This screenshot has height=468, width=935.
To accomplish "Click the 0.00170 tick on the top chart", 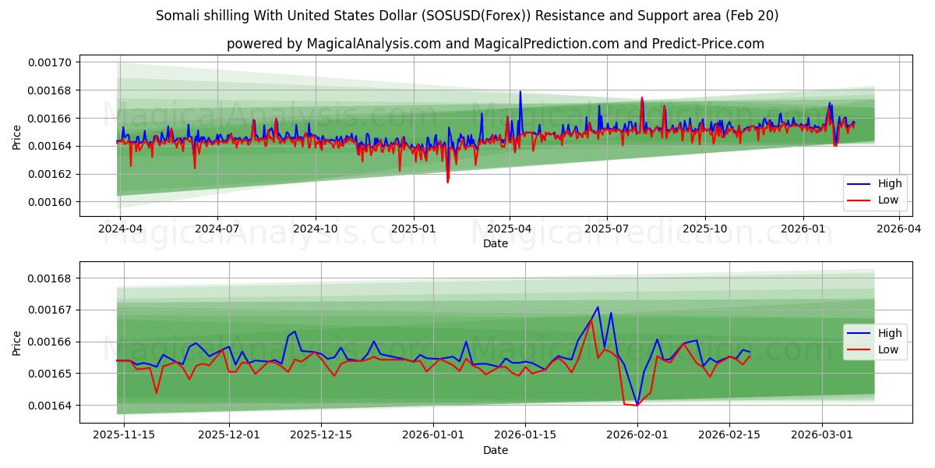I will point(50,62).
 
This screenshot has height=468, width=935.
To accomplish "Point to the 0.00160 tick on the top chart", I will point(50,202).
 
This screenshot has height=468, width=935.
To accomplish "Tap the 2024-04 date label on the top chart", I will point(119,229).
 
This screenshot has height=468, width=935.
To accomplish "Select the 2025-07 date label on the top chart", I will point(607,229).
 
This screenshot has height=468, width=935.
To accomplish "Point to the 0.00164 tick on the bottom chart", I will point(50,406).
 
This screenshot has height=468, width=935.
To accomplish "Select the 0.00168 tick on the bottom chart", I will point(50,278).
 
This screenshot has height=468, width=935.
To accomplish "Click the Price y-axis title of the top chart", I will point(17,136).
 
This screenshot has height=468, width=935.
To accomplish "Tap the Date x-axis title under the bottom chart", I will point(495,450).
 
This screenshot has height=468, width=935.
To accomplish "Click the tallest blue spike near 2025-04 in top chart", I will point(520,91).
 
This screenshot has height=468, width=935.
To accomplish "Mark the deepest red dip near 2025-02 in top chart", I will point(447,182).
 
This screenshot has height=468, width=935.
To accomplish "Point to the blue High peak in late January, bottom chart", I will point(598,307).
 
